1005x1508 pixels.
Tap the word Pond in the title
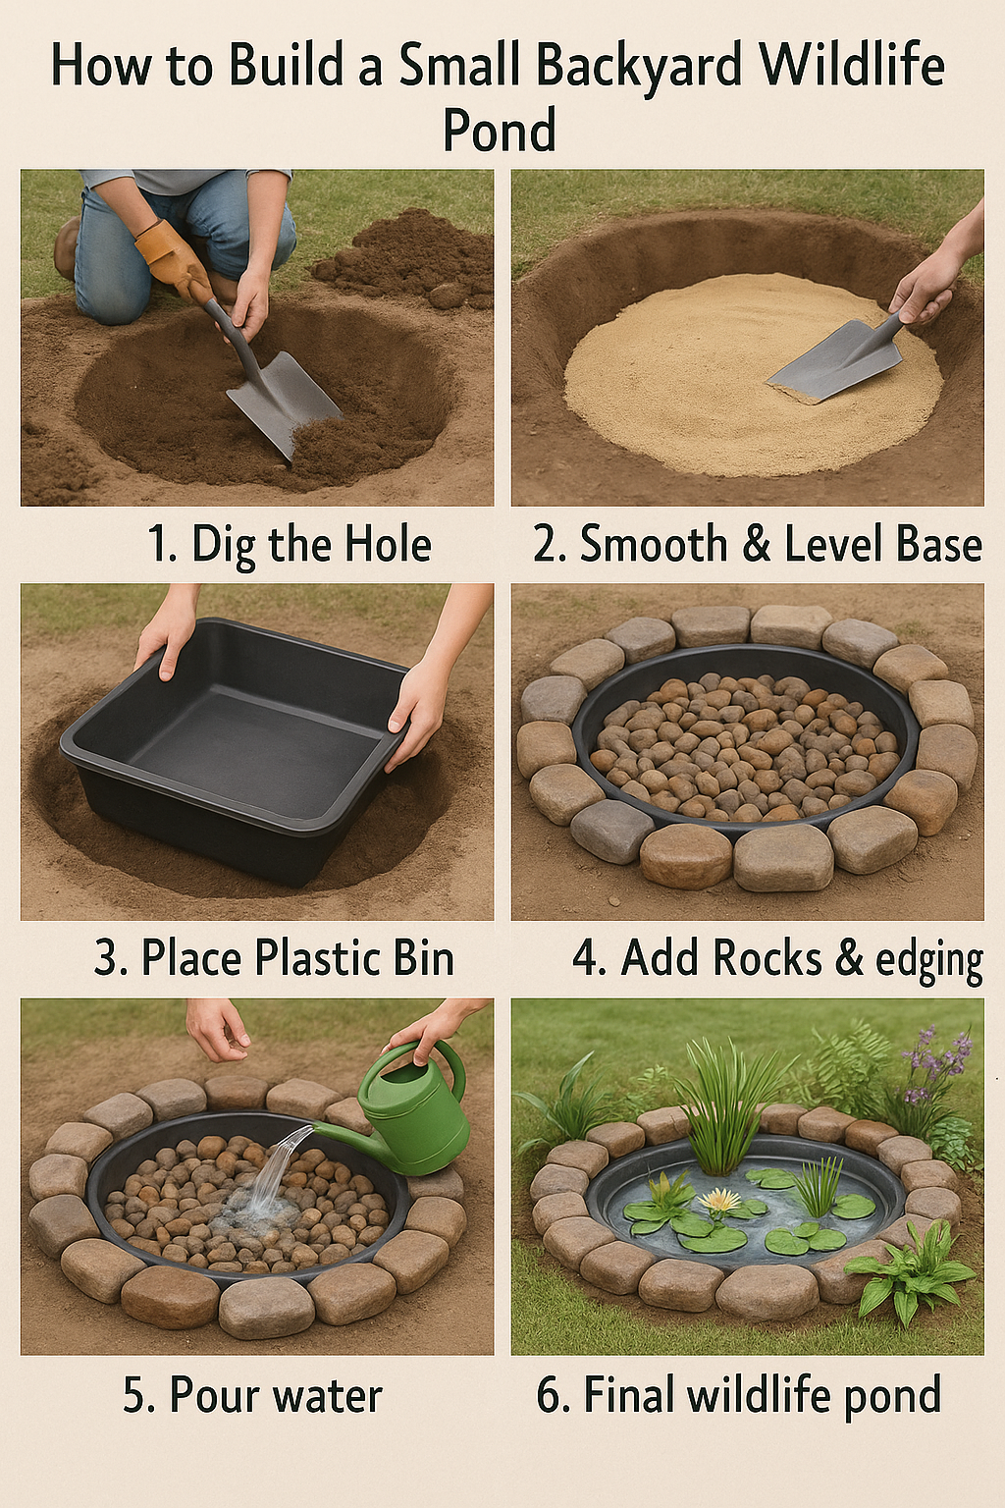[x=500, y=130]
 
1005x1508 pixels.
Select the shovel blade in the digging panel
[x=283, y=402]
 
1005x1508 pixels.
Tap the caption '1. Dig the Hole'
[x=290, y=545]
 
